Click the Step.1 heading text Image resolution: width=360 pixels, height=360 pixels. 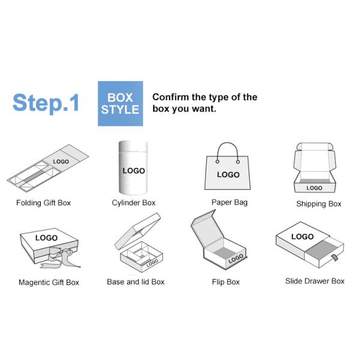(46, 103)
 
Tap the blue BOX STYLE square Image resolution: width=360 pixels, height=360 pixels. (120, 103)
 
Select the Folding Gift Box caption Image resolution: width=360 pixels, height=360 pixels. (43, 203)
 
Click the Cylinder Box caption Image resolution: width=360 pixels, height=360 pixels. (133, 203)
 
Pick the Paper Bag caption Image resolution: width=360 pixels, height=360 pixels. (229, 202)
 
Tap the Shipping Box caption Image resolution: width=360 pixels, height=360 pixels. (319, 204)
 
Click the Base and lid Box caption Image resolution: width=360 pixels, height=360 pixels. (136, 281)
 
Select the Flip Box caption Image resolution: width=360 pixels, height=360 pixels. (226, 281)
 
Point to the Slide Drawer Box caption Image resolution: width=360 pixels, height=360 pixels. (315, 281)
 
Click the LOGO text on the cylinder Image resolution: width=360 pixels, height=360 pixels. (134, 171)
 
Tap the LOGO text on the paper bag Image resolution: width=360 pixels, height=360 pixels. (228, 175)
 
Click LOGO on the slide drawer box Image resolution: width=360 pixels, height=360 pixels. (302, 237)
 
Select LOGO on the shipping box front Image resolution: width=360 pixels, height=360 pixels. (314, 188)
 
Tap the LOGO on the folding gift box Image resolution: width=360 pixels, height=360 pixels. (61, 161)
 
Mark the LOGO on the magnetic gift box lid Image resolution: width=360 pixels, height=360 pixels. (46, 238)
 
